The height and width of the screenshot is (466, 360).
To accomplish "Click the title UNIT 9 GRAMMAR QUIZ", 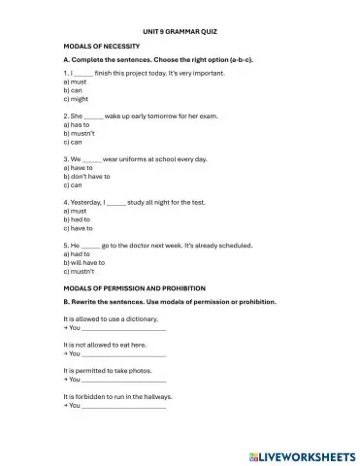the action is [x=180, y=32].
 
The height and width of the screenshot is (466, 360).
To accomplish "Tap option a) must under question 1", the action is [x=76, y=82].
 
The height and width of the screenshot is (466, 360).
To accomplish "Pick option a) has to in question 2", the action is [x=78, y=124].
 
